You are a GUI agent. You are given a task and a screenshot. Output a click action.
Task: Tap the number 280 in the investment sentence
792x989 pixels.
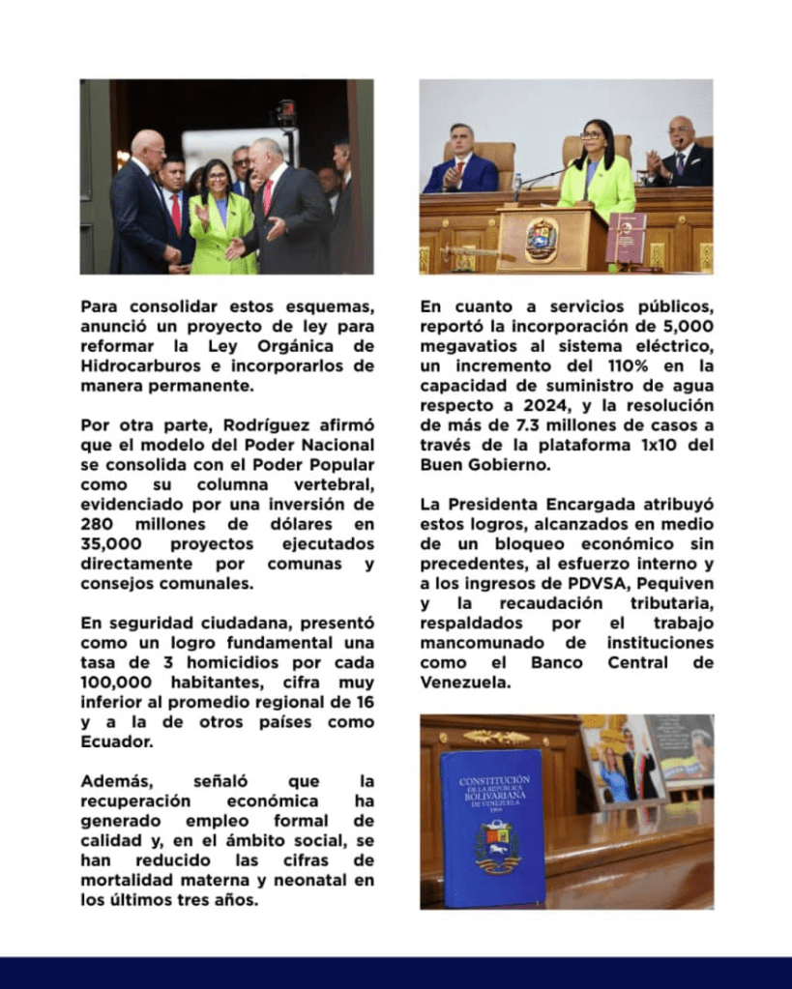100,524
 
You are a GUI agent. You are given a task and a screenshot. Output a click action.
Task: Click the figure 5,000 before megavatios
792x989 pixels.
688,327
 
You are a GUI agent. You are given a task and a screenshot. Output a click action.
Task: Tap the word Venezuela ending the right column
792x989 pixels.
463,683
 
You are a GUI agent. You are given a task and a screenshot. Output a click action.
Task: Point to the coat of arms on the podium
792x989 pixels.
542,238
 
